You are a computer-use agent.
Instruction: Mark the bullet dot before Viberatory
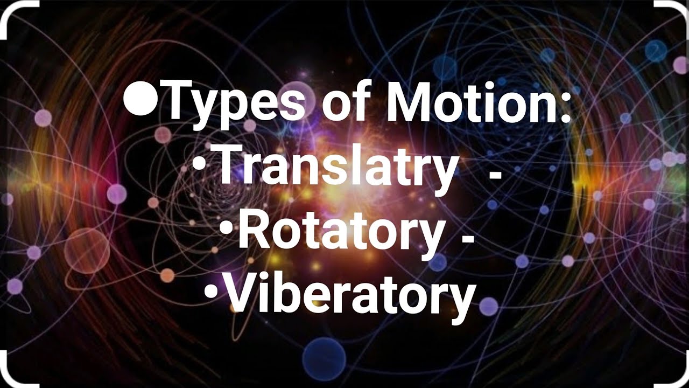click(212, 292)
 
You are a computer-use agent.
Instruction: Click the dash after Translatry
click(494, 173)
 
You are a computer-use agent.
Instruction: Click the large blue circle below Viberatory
click(324, 355)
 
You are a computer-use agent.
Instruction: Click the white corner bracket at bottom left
click(11, 374)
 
